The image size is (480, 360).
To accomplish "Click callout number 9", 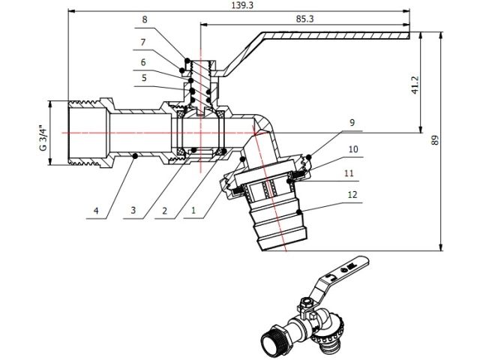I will (x=352, y=121).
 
